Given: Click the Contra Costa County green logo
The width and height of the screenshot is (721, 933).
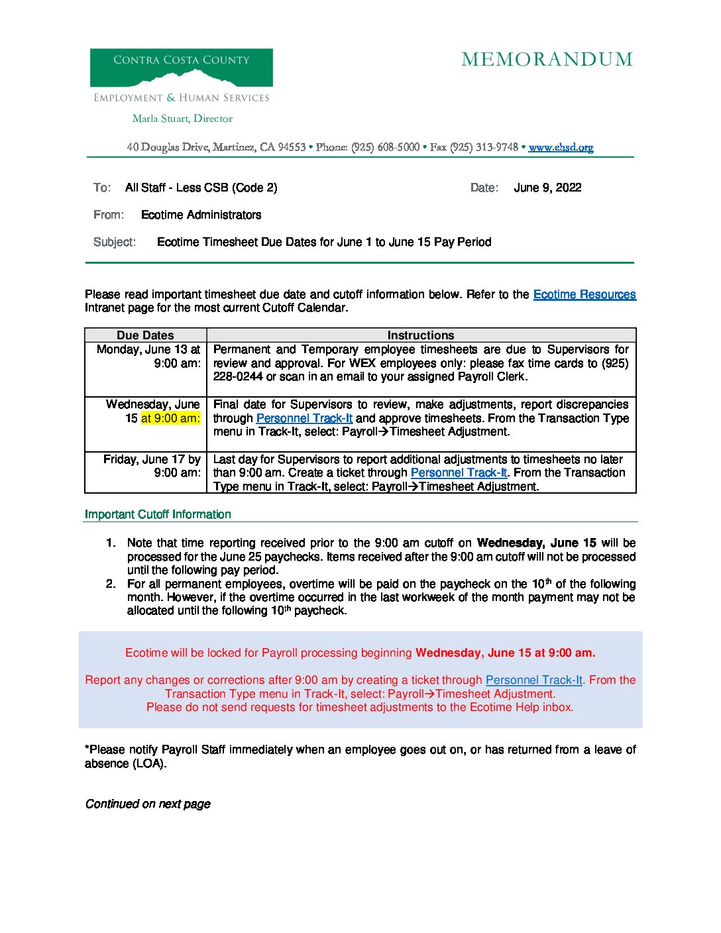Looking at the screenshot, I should pyautogui.click(x=181, y=68).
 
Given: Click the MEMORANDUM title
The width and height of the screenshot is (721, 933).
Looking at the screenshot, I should pyautogui.click(x=547, y=60).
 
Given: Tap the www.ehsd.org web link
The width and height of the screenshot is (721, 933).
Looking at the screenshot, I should pyautogui.click(x=561, y=147).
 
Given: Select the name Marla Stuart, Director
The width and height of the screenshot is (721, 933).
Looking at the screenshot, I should pyautogui.click(x=182, y=119).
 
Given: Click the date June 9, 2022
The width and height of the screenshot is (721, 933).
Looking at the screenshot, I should pyautogui.click(x=547, y=188).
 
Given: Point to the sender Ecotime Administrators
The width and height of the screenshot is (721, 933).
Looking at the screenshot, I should pyautogui.click(x=201, y=215).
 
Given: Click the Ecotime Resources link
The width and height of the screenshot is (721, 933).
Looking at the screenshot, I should pyautogui.click(x=584, y=294).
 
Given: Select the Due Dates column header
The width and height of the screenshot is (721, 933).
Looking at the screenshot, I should pyautogui.click(x=145, y=335).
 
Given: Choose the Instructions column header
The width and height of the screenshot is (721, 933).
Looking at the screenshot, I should pyautogui.click(x=421, y=335).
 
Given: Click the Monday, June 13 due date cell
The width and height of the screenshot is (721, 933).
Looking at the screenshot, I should pyautogui.click(x=148, y=357).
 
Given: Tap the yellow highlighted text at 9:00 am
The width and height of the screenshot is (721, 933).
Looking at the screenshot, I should pyautogui.click(x=170, y=418).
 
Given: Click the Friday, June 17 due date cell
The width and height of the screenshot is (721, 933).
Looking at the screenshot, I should pyautogui.click(x=151, y=466).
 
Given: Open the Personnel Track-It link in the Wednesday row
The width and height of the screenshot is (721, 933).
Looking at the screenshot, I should pyautogui.click(x=304, y=418).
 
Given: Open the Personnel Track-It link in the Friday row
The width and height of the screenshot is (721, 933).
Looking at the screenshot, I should pyautogui.click(x=459, y=472).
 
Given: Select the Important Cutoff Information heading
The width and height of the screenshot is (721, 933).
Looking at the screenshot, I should pyautogui.click(x=158, y=514).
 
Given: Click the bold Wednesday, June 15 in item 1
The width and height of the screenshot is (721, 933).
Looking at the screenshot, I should pyautogui.click(x=536, y=543).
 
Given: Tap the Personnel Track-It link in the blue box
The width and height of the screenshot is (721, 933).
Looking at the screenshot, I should pyautogui.click(x=533, y=680).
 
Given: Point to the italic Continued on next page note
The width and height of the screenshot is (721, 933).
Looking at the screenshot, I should pyautogui.click(x=148, y=804).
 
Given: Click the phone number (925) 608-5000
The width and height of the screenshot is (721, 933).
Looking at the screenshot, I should pyautogui.click(x=385, y=147).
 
